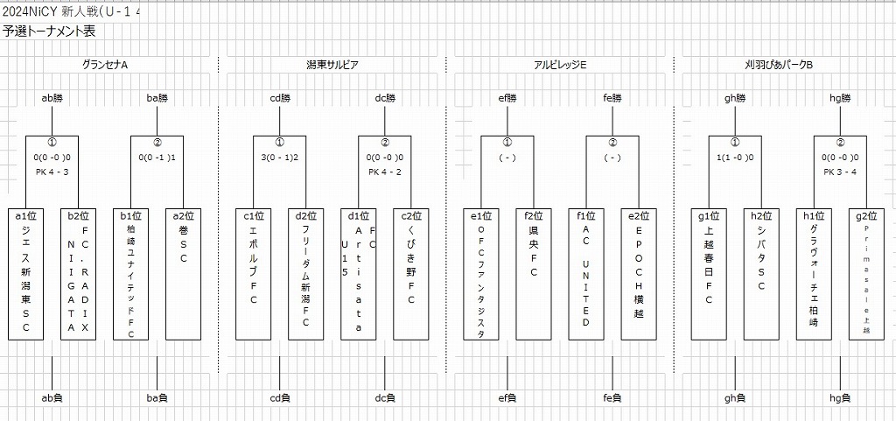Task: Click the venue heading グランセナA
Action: coord(105,65)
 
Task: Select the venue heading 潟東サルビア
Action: coord(332,65)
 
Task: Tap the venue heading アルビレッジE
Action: coord(560,65)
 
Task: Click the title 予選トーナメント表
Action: coord(49,32)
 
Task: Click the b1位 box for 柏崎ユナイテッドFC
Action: coord(131,274)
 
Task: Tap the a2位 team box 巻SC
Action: coord(184,274)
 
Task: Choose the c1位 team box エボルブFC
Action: coord(254,274)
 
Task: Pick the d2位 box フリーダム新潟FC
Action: coord(306,274)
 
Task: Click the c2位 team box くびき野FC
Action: coord(411,274)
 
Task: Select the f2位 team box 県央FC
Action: coord(534,274)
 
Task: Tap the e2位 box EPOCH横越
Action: coord(639,274)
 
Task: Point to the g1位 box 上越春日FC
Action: coord(709,274)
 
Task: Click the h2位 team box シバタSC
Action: coord(761,274)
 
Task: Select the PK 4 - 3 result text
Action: coord(52,172)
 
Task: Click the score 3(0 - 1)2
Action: coord(280,158)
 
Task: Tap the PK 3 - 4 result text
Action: coord(840,172)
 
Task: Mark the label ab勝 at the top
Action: coord(52,98)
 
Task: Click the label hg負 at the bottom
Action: coord(840,398)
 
